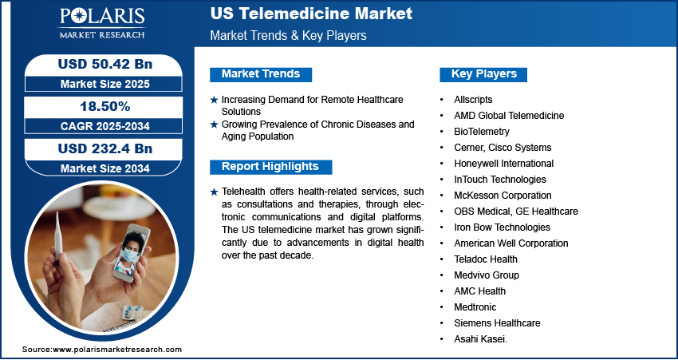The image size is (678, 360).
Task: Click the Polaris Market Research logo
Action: [x=102, y=23]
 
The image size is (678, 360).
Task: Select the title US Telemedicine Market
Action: [x=311, y=14]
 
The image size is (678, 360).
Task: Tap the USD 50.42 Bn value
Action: [x=105, y=64]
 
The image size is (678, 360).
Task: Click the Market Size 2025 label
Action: [x=105, y=84]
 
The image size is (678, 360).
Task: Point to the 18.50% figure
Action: [x=105, y=106]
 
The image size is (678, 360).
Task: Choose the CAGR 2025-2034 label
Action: [x=105, y=126]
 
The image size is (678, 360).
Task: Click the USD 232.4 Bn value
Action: [x=105, y=148]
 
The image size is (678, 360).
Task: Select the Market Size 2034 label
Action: [x=105, y=168]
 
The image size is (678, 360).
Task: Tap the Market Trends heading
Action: [x=261, y=74]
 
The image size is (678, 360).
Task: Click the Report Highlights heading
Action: [x=270, y=167]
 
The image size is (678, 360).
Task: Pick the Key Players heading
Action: [x=484, y=74]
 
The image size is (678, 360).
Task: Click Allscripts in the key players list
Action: [x=473, y=100]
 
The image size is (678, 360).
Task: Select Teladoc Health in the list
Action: [x=486, y=259]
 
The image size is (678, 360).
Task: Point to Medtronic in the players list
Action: [x=475, y=307]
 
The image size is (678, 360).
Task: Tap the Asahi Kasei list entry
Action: [x=480, y=339]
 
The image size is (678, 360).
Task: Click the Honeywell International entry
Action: [x=504, y=164]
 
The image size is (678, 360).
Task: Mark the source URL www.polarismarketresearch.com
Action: [x=117, y=349]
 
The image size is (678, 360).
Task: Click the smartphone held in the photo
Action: [x=131, y=253]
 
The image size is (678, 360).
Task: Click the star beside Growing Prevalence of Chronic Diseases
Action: [x=214, y=125]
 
